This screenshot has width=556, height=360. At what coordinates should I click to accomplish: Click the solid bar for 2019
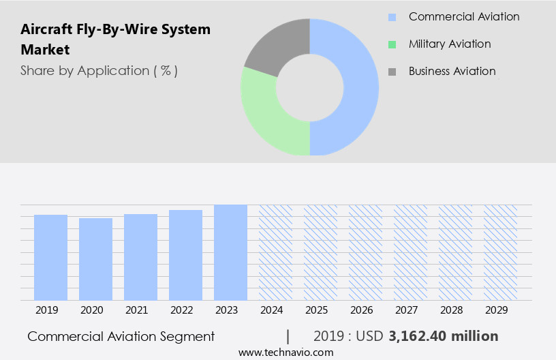click(x=50, y=257)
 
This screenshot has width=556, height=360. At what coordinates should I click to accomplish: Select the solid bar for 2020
click(x=95, y=259)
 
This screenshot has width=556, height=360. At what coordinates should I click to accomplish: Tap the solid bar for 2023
click(x=230, y=252)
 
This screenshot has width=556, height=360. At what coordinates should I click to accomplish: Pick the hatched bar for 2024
click(x=275, y=252)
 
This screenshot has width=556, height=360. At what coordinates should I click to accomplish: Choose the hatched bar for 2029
click(x=500, y=252)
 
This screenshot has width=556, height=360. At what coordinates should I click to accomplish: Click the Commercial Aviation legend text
click(x=463, y=16)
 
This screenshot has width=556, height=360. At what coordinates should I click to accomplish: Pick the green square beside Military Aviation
click(x=392, y=44)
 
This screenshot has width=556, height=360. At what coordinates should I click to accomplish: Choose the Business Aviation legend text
click(x=452, y=71)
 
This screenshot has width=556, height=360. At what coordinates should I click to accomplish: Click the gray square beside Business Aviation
click(x=392, y=72)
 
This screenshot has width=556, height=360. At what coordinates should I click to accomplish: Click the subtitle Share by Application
click(x=99, y=70)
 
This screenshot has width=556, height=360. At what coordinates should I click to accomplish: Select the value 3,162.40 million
click(x=443, y=336)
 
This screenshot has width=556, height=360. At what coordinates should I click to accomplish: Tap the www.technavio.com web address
click(x=285, y=352)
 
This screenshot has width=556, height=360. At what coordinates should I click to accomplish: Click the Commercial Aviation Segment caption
click(x=121, y=336)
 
